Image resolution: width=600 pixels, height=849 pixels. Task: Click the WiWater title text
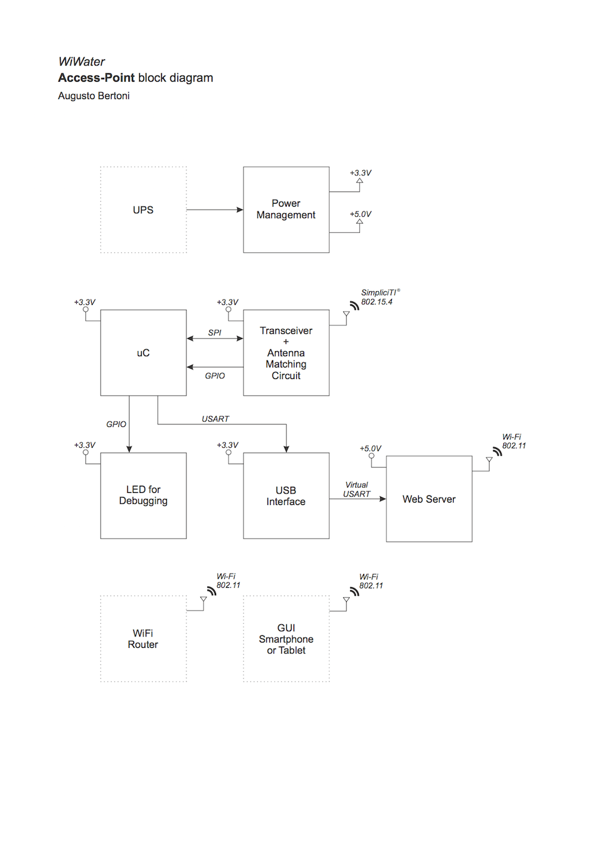pyautogui.click(x=82, y=62)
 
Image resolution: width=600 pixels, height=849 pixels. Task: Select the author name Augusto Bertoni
pyautogui.click(x=94, y=96)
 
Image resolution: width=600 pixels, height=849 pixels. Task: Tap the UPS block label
pyautogui.click(x=143, y=210)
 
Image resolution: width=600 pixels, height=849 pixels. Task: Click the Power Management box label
pyautogui.click(x=286, y=210)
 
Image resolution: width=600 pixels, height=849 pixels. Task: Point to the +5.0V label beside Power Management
pyautogui.click(x=361, y=214)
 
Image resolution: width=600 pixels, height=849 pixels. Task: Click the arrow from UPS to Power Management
pyautogui.click(x=214, y=210)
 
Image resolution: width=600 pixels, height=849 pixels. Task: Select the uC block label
pyautogui.click(x=143, y=353)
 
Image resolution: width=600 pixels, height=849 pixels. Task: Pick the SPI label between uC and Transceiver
pyautogui.click(x=214, y=333)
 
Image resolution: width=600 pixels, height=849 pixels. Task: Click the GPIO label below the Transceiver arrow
pyautogui.click(x=214, y=376)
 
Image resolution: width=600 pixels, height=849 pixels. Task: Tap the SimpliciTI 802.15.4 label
pyautogui.click(x=378, y=297)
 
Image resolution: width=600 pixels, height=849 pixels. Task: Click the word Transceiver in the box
pyautogui.click(x=286, y=331)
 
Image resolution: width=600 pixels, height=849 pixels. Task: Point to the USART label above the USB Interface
pyautogui.click(x=215, y=419)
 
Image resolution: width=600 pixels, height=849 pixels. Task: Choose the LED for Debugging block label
pyautogui.click(x=143, y=495)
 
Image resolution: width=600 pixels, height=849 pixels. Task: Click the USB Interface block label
pyautogui.click(x=286, y=496)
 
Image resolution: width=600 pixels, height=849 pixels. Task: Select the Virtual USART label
pyautogui.click(x=356, y=489)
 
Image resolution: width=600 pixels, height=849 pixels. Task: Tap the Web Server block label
pyautogui.click(x=428, y=500)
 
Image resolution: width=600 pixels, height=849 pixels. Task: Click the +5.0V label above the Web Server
pyautogui.click(x=370, y=449)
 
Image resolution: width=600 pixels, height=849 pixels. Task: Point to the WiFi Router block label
pyautogui.click(x=143, y=639)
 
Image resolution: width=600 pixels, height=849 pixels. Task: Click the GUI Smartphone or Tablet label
pyautogui.click(x=286, y=639)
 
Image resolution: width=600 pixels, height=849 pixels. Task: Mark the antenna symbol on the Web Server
pyautogui.click(x=490, y=461)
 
